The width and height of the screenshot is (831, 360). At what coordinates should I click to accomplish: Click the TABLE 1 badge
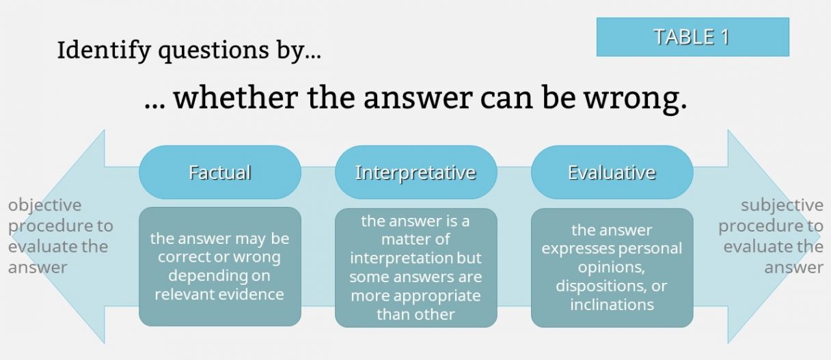pos(693,37)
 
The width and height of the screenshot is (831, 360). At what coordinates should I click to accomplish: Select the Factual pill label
pos(220,172)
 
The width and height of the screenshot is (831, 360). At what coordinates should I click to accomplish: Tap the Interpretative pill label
pos(416,172)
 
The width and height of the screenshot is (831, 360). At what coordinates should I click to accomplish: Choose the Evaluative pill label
pos(612,172)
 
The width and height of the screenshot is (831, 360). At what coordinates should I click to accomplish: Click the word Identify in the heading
pos(104,51)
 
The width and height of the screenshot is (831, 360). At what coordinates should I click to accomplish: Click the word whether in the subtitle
pos(236,97)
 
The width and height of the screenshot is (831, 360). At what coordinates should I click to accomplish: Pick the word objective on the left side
pos(44,206)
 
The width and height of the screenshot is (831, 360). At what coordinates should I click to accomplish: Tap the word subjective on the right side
pos(782,206)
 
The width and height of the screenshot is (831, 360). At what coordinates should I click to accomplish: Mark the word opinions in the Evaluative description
pos(612,267)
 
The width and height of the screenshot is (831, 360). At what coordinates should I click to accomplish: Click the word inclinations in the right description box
pos(612,305)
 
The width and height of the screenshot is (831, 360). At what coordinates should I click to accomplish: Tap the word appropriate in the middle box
pos(437,296)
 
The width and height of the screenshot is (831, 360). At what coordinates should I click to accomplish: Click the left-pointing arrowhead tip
pos(11,236)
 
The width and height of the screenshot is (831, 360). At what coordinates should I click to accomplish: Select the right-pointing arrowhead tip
pos(821,236)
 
